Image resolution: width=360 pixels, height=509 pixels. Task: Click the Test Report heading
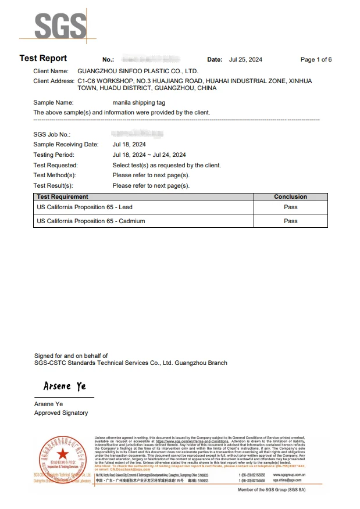(43, 58)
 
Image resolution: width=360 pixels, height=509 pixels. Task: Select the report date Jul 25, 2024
(245, 60)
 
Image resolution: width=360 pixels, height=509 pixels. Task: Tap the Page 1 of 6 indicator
(316, 60)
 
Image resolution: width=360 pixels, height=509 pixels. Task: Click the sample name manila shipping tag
(139, 102)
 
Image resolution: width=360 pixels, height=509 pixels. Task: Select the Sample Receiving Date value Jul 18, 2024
(129, 144)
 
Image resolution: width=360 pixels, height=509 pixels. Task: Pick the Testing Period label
(54, 155)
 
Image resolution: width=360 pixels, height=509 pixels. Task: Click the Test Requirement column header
(62, 197)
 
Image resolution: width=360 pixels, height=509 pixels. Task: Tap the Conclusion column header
(290, 197)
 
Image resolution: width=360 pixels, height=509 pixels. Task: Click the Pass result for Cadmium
(290, 221)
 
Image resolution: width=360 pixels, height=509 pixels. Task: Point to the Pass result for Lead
(290, 207)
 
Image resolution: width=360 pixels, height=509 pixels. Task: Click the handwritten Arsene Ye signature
(65, 386)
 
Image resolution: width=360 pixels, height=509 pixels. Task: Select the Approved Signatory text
(61, 413)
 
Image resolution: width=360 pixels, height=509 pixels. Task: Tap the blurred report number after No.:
(150, 60)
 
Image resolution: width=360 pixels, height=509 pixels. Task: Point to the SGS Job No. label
(52, 134)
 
